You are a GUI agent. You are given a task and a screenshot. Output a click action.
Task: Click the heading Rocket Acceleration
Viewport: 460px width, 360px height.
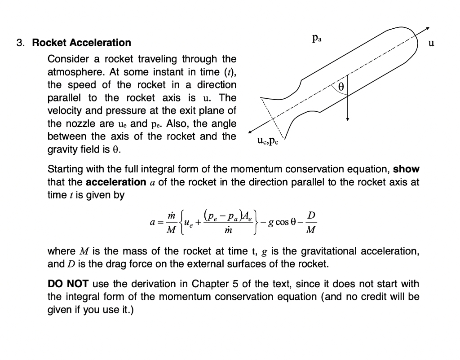(82, 43)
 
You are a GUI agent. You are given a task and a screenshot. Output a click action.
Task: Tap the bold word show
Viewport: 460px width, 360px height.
(406, 170)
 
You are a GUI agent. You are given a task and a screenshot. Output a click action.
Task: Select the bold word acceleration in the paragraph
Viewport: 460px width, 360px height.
(116, 183)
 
